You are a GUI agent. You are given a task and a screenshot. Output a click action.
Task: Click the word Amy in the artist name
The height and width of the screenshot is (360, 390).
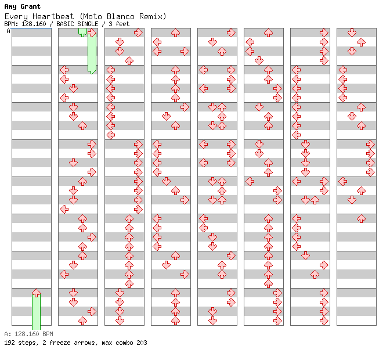point(11,7)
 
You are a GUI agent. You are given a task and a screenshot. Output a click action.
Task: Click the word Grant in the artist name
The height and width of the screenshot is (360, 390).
point(30,6)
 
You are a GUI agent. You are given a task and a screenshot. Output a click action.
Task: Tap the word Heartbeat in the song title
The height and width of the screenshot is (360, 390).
point(53,16)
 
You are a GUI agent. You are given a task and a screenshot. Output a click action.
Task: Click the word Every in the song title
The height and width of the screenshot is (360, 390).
point(16,17)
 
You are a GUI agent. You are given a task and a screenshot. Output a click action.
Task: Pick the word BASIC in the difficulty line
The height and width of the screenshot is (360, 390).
point(65,24)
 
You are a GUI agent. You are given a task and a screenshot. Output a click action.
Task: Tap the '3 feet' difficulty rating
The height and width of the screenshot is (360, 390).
point(119,24)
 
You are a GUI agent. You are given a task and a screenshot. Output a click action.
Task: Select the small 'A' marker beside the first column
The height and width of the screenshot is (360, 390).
point(9,31)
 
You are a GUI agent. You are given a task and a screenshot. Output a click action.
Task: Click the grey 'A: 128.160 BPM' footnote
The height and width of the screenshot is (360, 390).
point(29,334)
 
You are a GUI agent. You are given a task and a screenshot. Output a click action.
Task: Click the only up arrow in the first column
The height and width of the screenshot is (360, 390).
point(37,293)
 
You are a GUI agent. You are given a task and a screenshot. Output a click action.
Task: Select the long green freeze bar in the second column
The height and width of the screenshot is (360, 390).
point(92,52)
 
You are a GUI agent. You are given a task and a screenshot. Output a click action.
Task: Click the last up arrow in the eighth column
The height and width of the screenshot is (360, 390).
point(361,219)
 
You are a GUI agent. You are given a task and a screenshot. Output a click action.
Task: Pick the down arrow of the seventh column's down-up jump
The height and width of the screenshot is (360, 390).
point(305,200)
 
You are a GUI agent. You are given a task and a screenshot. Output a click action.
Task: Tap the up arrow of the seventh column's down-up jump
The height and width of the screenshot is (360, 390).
point(315,200)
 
